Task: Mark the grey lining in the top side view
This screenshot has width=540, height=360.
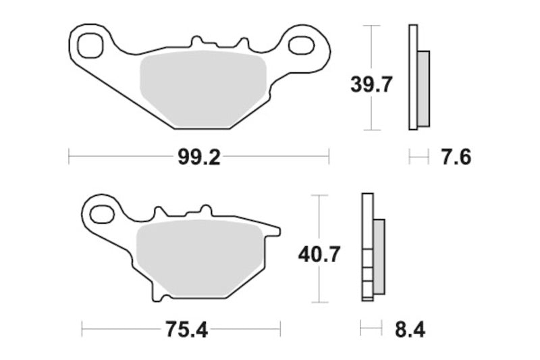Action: point(423,88)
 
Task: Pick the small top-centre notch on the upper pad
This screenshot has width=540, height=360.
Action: point(198,44)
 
